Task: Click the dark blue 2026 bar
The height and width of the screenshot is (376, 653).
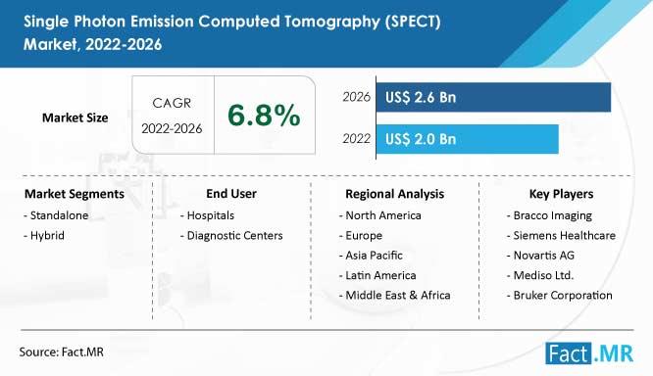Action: point(493,97)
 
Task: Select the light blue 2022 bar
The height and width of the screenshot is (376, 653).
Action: point(468,139)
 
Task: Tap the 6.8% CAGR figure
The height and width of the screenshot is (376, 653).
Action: point(264,115)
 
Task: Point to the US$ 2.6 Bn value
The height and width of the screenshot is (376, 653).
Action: point(421,97)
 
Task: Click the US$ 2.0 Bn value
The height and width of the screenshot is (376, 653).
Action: point(421,139)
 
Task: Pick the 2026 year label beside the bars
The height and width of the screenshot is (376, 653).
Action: point(356,97)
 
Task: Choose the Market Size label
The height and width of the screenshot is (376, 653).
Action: point(75,117)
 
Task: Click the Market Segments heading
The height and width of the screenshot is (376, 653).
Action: point(75,194)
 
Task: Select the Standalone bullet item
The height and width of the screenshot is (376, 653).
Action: point(56,215)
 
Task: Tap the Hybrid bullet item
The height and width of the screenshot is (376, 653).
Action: point(44,235)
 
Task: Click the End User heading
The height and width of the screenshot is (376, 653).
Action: point(231,194)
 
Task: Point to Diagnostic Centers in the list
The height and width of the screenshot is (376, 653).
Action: point(231,235)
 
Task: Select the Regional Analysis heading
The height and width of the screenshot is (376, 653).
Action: point(395,194)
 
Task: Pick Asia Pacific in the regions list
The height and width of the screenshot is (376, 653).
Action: point(371,256)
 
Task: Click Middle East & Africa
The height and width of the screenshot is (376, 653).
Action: point(395,296)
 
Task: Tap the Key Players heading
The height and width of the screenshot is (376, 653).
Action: point(562,194)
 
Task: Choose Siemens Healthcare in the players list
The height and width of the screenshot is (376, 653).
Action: point(562,235)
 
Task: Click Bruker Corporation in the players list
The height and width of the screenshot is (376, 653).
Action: point(560,296)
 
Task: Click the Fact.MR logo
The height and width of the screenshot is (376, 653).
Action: point(589,353)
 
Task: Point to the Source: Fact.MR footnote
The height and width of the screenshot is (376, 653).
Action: point(61,352)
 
